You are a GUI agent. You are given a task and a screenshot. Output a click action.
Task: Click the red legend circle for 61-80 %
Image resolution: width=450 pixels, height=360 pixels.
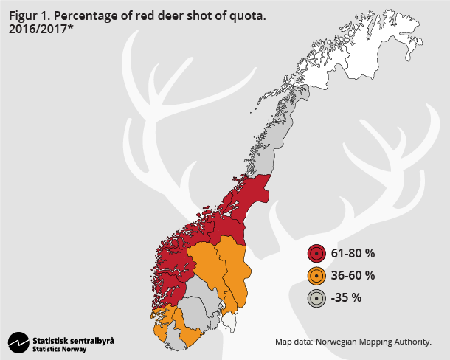316,254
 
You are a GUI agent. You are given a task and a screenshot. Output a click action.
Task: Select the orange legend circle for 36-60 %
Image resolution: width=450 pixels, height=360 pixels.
316,276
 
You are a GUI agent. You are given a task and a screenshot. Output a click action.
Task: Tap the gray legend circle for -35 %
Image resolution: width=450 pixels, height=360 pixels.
316,298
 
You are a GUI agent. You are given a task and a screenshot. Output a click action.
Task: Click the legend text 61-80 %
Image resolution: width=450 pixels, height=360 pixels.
353,254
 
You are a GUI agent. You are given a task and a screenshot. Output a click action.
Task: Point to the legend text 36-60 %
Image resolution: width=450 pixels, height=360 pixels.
353,276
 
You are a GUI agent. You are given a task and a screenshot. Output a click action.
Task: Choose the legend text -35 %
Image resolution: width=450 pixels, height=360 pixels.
346,298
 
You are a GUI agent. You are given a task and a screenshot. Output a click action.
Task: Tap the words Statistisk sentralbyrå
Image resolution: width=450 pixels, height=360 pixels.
73,340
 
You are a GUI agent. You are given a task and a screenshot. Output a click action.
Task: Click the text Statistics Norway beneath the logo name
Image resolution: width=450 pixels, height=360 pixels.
59,349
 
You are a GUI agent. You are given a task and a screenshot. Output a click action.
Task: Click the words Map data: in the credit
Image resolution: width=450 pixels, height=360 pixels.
294,342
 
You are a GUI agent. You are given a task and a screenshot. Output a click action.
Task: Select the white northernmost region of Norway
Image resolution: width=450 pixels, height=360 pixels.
347,55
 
